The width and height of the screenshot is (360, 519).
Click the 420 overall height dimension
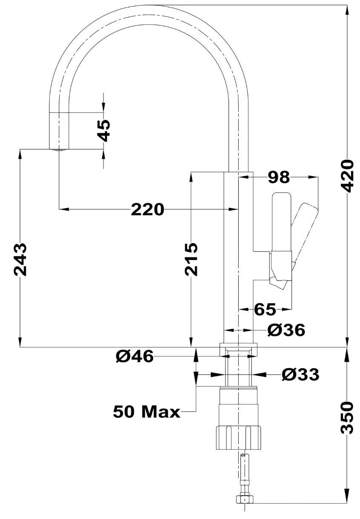pyautogui.click(x=348, y=176)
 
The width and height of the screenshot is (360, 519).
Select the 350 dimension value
pyautogui.click(x=348, y=417)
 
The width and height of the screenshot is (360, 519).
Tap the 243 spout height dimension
pyautogui.click(x=20, y=259)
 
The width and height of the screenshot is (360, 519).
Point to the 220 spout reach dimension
pyautogui.click(x=147, y=209)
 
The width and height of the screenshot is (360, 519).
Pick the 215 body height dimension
pyautogui.click(x=191, y=259)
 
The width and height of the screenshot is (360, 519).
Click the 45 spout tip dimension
pyautogui.click(x=103, y=130)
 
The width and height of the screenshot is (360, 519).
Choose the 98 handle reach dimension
pyautogui.click(x=279, y=177)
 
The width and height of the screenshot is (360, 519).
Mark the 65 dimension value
pyautogui.click(x=265, y=309)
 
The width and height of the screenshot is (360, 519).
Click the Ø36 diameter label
pyautogui.click(x=286, y=330)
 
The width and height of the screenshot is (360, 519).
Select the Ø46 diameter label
pyautogui.click(x=135, y=356)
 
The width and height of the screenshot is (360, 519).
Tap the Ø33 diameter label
pyautogui.click(x=300, y=374)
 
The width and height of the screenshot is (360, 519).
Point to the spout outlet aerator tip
pyautogui.click(x=59, y=150)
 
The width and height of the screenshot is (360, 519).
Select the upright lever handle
pyautogui.click(x=282, y=222)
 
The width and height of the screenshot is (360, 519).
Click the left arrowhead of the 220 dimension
pyautogui.click(x=64, y=209)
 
